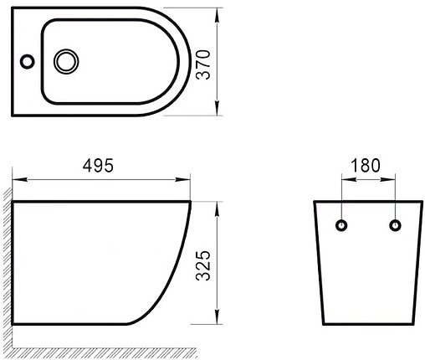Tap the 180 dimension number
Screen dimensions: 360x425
(367, 164)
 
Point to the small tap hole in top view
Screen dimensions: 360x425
(27, 60)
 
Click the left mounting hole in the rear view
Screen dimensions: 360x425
(341, 224)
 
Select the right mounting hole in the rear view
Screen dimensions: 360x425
(393, 224)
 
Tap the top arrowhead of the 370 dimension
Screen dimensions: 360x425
(218, 12)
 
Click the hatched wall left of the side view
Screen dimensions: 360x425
(6, 268)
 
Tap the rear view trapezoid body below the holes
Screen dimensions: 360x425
(367, 276)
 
